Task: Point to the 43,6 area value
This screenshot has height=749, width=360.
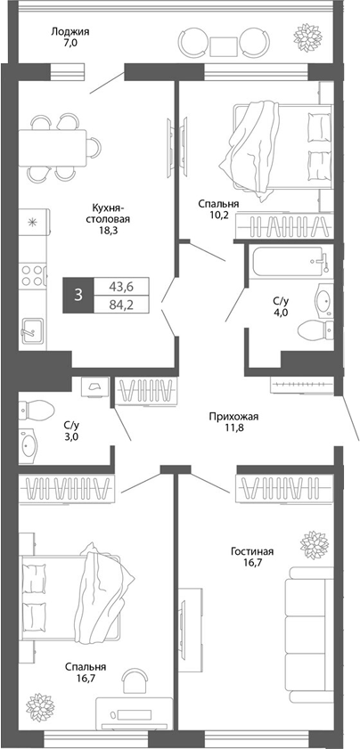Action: coord(121,287)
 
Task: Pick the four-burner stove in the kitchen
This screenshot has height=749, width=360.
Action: coord(32,273)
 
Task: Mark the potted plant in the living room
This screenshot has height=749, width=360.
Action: coord(313,542)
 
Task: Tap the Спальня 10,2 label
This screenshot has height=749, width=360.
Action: coord(218,208)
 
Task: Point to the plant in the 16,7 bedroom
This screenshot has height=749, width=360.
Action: coord(41,706)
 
